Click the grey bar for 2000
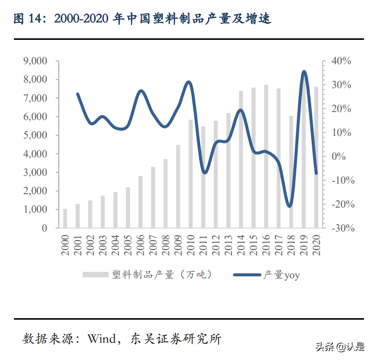(65, 219)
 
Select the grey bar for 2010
(191, 174)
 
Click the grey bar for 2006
(140, 202)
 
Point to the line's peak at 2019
(304, 72)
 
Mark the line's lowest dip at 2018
(290, 206)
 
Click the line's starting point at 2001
(78, 94)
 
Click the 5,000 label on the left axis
(35, 135)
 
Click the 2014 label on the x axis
(241, 245)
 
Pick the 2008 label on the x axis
(165, 245)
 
